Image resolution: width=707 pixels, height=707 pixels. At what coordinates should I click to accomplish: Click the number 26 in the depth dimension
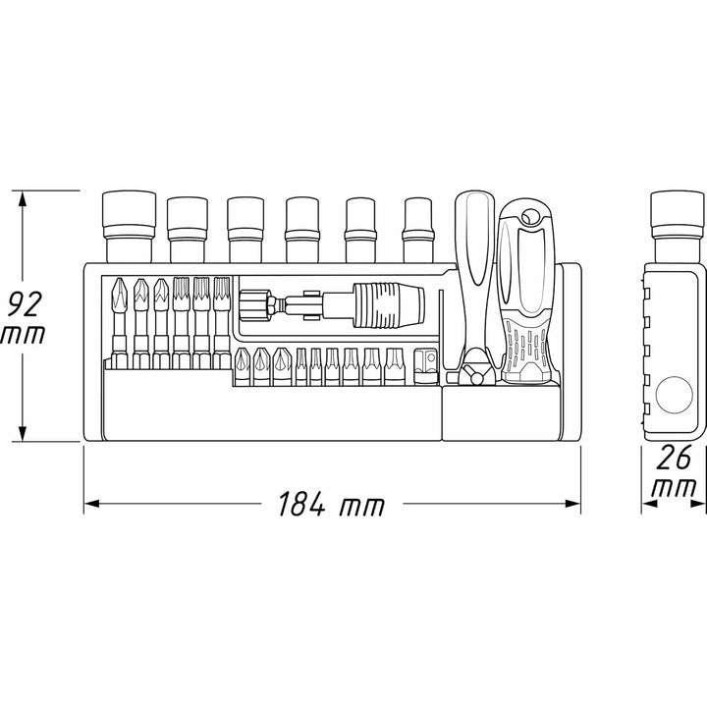pyautogui.click(x=672, y=457)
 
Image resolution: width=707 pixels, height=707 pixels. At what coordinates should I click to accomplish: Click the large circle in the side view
pyautogui.click(x=673, y=397)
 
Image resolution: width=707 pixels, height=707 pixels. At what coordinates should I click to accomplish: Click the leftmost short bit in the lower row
pyautogui.click(x=241, y=366)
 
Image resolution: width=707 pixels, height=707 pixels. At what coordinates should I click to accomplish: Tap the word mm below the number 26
pyautogui.click(x=672, y=488)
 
